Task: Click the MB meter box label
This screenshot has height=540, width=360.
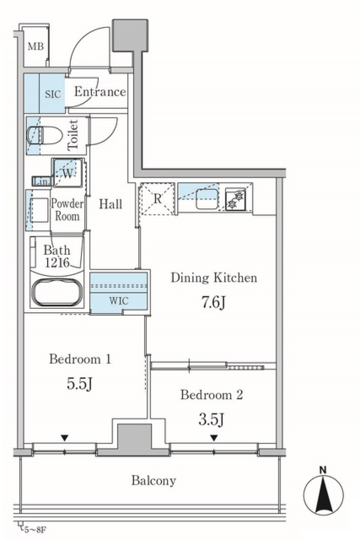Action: [x=36, y=47]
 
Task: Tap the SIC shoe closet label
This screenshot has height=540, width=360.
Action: [x=53, y=94]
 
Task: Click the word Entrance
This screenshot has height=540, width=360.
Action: [x=100, y=92]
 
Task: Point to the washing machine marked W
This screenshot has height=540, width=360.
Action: [x=68, y=173]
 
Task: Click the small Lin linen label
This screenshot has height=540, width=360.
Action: [x=41, y=181]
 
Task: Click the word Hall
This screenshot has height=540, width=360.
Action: [x=111, y=204]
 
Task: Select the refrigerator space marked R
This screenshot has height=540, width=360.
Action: [x=157, y=199]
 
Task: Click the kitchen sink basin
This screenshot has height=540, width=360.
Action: [x=207, y=199]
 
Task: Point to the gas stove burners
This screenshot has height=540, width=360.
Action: [x=235, y=199]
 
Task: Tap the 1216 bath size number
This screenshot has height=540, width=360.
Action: [x=57, y=263]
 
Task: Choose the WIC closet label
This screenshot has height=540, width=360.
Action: [x=119, y=301]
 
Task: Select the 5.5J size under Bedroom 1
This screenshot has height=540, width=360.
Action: [x=80, y=384]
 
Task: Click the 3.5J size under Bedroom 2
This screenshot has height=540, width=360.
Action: [x=211, y=419]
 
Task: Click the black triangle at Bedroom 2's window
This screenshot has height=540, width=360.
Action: [x=214, y=438]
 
